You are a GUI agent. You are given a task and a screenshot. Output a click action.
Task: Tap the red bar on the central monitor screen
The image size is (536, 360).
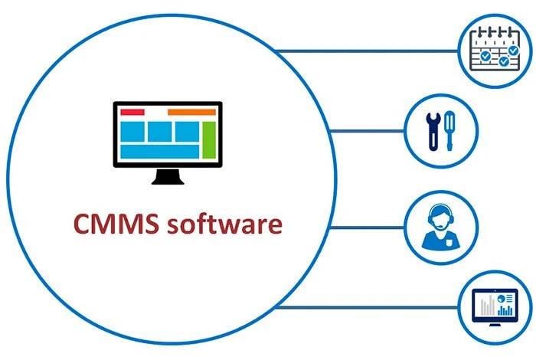(x=132, y=113)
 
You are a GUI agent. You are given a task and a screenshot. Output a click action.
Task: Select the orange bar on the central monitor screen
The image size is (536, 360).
(x=191, y=113)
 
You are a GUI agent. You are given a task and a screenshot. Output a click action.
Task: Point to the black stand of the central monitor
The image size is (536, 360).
(x=168, y=177)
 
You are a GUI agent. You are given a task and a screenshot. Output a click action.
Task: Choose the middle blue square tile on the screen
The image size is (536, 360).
(x=160, y=132)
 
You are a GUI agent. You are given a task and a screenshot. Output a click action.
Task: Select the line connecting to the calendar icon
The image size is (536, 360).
(x=368, y=51)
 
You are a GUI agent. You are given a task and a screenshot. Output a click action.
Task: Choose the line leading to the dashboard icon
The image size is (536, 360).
(x=368, y=308)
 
